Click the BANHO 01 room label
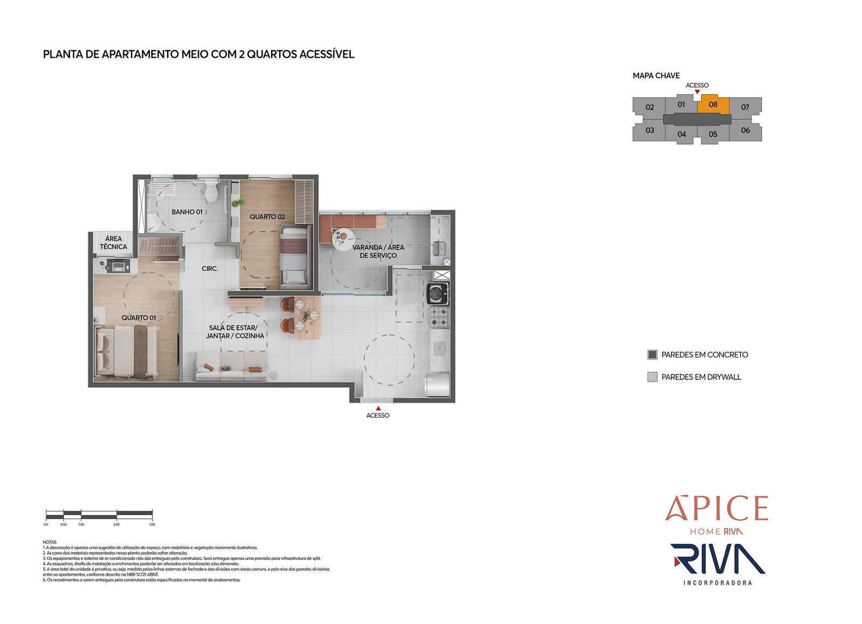(187, 212)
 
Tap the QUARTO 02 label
(267, 217)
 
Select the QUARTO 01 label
(138, 318)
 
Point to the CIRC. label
(210, 268)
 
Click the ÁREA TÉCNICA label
(113, 242)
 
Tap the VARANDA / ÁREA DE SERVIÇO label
(378, 251)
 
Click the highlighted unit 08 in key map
(713, 105)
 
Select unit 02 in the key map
(650, 107)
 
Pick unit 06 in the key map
(745, 130)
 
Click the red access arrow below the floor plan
(378, 408)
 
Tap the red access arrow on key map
(697, 92)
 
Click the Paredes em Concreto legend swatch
(652, 355)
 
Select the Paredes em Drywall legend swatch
(652, 377)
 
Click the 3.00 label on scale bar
(152, 524)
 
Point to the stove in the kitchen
(437, 317)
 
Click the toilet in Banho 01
(211, 191)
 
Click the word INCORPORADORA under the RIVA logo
(718, 583)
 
